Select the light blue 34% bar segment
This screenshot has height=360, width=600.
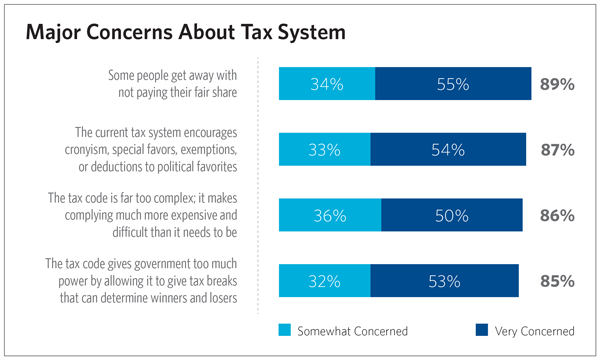pyautogui.click(x=326, y=84)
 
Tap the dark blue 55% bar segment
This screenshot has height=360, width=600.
pyautogui.click(x=452, y=84)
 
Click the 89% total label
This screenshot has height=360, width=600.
pyautogui.click(x=556, y=85)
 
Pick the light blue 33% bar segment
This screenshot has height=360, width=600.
pyautogui.click(x=324, y=150)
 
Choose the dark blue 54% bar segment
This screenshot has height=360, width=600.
pyautogui.click(x=447, y=150)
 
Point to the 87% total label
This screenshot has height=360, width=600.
pyautogui.click(x=556, y=150)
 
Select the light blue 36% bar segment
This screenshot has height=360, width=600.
pyautogui.click(x=329, y=215)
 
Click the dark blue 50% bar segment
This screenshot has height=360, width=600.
pyautogui.click(x=451, y=215)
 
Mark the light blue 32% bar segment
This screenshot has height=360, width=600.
pyautogui.click(x=323, y=281)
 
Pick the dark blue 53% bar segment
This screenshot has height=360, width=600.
pyautogui.click(x=444, y=281)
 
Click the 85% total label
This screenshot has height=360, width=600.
pyautogui.click(x=556, y=281)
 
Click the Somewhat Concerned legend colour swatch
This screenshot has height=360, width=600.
pyautogui.click(x=286, y=330)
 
